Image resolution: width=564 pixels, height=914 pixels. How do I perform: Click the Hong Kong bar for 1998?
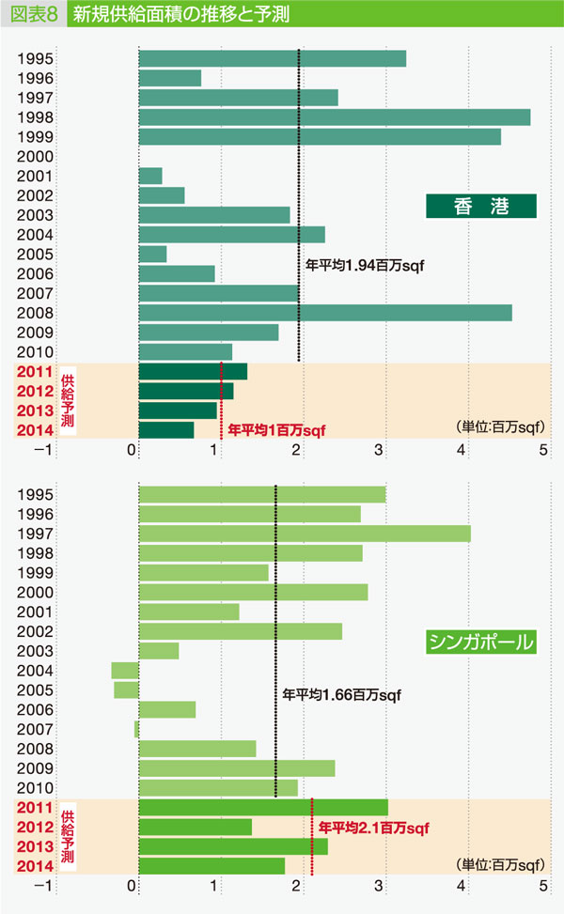(334, 117)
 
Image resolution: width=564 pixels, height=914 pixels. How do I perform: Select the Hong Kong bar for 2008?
(324, 313)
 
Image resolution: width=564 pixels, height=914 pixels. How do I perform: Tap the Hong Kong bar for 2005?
(152, 255)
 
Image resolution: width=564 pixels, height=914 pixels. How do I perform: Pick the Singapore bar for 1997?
(304, 534)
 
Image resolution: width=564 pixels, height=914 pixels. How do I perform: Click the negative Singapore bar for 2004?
(125, 670)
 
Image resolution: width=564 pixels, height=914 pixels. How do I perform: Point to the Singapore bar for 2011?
(263, 807)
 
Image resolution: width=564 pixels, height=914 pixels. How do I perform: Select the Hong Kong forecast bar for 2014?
(166, 430)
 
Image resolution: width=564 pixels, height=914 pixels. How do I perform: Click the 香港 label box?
(480, 206)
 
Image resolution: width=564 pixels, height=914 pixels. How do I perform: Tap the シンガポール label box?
(480, 643)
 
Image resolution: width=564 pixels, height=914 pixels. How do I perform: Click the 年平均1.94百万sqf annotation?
(366, 266)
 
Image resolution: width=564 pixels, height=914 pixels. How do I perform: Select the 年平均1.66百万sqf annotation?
(341, 695)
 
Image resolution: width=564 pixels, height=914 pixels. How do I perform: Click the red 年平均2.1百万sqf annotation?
(373, 828)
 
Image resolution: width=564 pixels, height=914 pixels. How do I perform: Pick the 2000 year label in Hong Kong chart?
(34, 157)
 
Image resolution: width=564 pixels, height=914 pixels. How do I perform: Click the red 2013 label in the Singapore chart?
(34, 846)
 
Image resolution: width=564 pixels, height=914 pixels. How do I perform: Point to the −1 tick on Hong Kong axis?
(40, 450)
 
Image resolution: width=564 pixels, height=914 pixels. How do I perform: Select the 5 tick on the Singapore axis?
(542, 886)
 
